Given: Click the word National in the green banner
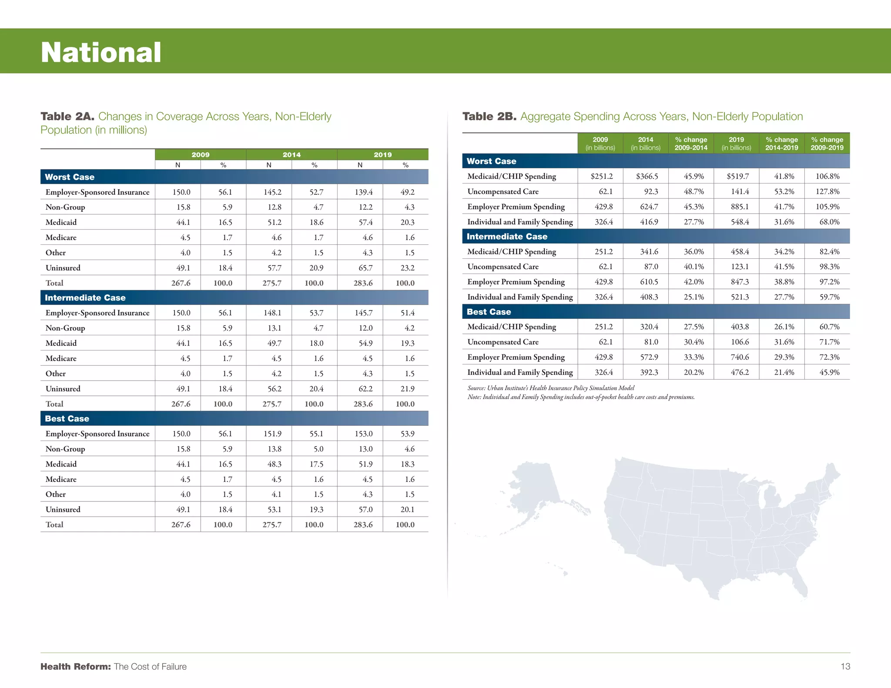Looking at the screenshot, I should [x=101, y=53].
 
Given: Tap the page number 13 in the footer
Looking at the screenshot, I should [x=845, y=666].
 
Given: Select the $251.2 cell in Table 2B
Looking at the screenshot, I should [x=601, y=176].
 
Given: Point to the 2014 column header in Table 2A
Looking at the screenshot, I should [x=291, y=154].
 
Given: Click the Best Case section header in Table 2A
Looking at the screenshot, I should [x=67, y=418].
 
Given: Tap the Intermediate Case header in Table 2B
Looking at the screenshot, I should [x=507, y=237].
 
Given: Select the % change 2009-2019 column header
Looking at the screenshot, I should [x=827, y=144].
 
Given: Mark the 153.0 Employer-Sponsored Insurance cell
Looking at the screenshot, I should [x=363, y=434].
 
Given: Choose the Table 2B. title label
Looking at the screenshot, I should [x=489, y=117].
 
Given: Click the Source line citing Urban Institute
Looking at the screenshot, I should [x=551, y=388].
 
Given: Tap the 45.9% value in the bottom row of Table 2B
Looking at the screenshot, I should [x=829, y=372].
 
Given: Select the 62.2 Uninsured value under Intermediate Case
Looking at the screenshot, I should [x=365, y=389].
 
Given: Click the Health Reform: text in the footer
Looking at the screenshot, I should [x=76, y=666].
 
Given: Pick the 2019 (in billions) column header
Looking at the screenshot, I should [x=736, y=144].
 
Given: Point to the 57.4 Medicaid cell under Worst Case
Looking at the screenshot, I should [x=365, y=222].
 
